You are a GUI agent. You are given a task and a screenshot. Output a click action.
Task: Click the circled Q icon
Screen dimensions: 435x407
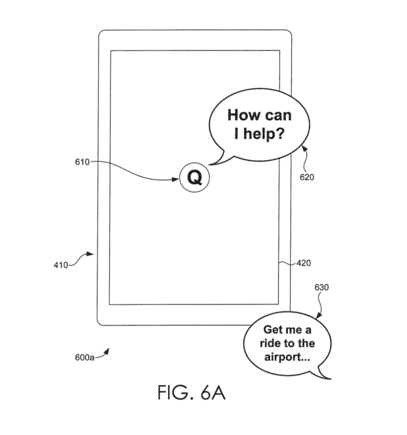point(195,178)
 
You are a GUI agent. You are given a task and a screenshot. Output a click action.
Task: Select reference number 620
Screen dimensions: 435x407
point(307,177)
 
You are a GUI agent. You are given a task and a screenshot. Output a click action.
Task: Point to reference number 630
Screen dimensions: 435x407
point(322,288)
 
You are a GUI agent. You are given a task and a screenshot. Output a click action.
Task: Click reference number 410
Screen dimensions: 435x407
point(60,266)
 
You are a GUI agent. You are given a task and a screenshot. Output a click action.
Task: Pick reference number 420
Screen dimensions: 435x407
point(303,263)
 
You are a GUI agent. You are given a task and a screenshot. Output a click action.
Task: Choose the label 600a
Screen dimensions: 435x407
point(85,358)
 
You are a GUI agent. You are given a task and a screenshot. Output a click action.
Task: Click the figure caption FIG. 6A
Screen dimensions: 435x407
point(191,393)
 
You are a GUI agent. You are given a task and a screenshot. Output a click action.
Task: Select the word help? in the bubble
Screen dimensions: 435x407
point(265,134)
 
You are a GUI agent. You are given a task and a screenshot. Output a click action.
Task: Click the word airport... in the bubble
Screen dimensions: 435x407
point(287,357)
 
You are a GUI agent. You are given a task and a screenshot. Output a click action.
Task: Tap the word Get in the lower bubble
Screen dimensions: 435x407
point(273,330)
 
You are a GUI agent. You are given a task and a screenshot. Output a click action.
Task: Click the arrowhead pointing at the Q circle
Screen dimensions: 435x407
point(175,179)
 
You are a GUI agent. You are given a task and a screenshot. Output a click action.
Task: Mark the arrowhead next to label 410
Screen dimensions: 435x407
point(90,254)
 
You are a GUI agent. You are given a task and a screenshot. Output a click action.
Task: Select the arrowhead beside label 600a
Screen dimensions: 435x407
point(107,351)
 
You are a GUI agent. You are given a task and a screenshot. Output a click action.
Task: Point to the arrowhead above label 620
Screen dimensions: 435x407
point(303,148)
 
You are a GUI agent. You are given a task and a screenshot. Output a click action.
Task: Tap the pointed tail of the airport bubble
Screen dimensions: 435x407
point(328,378)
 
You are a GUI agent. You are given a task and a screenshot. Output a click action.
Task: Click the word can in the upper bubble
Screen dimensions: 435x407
point(278,115)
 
